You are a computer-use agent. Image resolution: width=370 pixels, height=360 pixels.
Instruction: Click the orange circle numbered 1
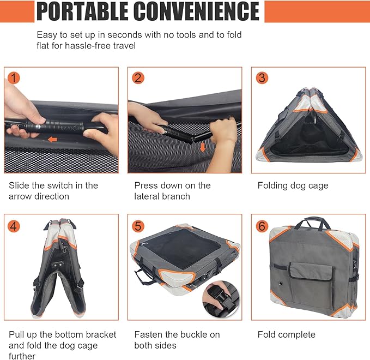(14, 78)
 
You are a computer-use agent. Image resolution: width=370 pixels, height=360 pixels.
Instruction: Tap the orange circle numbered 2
(138, 78)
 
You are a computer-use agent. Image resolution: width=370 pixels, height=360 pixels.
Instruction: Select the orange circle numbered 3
(262, 78)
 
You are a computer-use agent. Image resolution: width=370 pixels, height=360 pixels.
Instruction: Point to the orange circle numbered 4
(14, 226)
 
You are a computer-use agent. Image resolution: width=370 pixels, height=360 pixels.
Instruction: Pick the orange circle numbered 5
(138, 226)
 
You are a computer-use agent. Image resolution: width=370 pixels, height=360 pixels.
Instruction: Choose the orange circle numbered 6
(262, 226)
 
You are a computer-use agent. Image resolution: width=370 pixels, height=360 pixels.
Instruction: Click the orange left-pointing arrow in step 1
(52, 140)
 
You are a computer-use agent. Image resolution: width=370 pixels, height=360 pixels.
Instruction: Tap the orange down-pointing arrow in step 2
(203, 147)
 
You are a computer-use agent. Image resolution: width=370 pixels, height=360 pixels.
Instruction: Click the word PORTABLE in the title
(82, 11)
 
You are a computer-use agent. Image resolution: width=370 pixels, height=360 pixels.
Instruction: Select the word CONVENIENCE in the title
(197, 11)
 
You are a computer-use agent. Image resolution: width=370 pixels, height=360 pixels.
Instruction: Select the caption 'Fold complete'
(287, 334)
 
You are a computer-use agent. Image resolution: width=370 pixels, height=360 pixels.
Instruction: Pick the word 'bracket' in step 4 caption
(101, 334)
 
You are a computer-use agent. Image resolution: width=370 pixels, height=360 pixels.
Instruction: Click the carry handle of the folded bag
(312, 222)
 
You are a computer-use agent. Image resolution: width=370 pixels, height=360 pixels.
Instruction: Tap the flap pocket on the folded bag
(312, 272)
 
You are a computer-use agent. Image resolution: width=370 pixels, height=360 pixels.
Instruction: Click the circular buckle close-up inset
(221, 299)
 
